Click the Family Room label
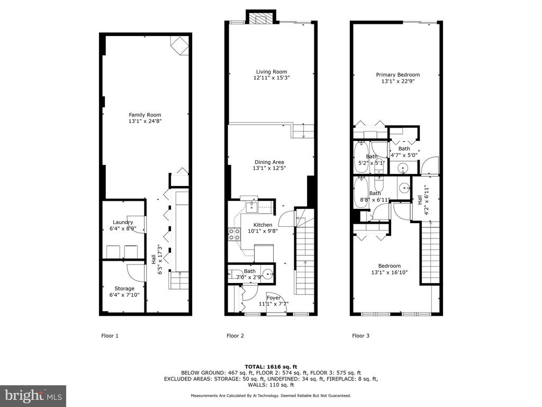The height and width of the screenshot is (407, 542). [145, 115]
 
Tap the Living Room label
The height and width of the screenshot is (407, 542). [272, 72]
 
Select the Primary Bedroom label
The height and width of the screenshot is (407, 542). [398, 75]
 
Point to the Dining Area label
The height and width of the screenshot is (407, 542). [269, 162]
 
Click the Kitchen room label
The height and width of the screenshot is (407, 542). [263, 225]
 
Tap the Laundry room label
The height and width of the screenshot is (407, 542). [123, 223]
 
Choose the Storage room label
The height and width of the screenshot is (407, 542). [124, 289]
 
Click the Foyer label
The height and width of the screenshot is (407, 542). [274, 298]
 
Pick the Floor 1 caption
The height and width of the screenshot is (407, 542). [110, 335]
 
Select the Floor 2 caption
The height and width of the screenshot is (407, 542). [235, 335]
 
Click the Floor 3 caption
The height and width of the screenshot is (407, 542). [360, 335]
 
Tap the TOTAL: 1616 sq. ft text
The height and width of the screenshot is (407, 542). [271, 367]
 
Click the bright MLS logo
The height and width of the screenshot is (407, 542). [33, 395]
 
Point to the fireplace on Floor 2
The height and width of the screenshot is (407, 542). [261, 17]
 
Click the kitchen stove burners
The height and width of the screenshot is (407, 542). [234, 234]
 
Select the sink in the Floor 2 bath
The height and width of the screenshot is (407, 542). [267, 275]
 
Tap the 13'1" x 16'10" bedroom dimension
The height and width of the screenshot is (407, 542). [390, 272]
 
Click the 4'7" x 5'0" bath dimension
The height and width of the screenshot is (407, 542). [404, 155]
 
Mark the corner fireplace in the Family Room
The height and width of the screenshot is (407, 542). [180, 46]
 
